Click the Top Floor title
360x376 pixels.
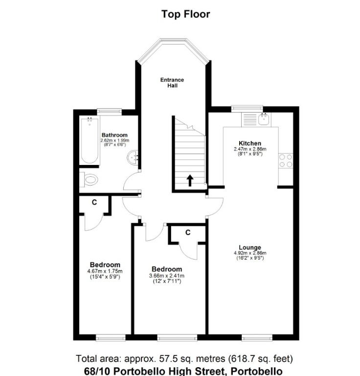(x=186, y=14)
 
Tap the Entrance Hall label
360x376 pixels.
(x=172, y=83)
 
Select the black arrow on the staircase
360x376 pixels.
(x=190, y=181)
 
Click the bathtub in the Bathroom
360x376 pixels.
(x=90, y=141)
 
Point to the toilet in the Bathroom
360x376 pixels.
(x=89, y=179)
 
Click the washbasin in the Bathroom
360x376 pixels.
(x=132, y=158)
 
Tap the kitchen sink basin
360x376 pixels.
(x=265, y=119)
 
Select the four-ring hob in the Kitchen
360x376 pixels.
(x=286, y=161)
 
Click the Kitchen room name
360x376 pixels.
(x=250, y=143)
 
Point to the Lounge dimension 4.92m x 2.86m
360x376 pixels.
(x=250, y=253)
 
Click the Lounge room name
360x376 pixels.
(x=250, y=247)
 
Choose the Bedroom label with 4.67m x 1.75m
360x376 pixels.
(x=105, y=265)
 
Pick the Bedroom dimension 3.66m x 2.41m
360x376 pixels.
(x=167, y=276)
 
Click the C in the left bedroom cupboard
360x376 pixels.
(x=94, y=203)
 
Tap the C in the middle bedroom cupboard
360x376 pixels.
(x=188, y=233)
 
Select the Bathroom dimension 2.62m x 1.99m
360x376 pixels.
(x=115, y=141)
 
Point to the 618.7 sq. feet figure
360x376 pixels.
(x=260, y=359)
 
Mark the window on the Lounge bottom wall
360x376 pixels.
(x=257, y=338)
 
